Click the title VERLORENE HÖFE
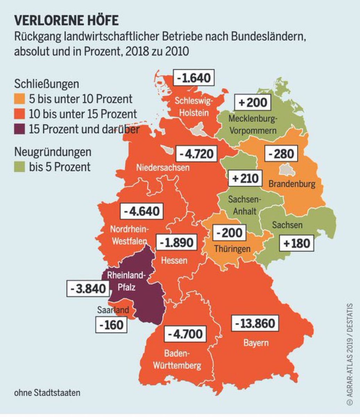coord(66,21)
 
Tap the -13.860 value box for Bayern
coord(255,324)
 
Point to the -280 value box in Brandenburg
coord(281,153)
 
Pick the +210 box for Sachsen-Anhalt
coord(245,179)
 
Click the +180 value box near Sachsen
coord(296,243)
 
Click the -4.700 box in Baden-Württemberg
coord(185,334)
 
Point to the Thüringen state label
coord(232,249)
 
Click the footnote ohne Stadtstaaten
coord(47,393)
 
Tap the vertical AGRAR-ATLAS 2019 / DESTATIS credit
coord(349,354)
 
